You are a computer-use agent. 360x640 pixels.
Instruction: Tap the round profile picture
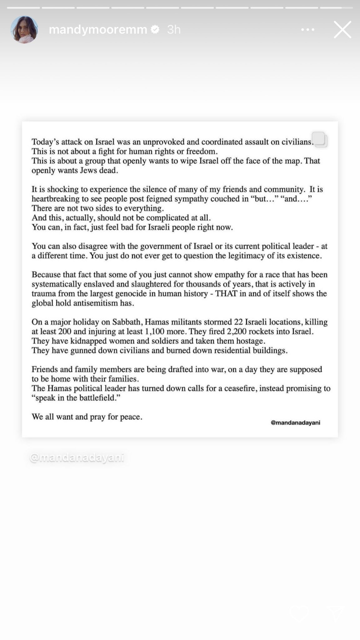pyautogui.click(x=24, y=30)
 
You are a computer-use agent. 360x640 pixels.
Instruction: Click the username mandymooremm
pyautogui.click(x=98, y=30)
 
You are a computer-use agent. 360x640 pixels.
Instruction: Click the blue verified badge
pyautogui.click(x=155, y=30)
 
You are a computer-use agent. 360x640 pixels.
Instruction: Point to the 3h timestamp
pyautogui.click(x=174, y=30)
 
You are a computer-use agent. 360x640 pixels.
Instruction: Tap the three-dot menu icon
pyautogui.click(x=308, y=30)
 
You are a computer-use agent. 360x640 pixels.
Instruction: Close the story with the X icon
pyautogui.click(x=342, y=30)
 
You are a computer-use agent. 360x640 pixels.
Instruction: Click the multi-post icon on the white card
pyautogui.click(x=320, y=139)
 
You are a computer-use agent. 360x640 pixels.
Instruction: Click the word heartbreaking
pyautogui.click(x=51, y=199)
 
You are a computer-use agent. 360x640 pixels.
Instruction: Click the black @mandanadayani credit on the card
pyautogui.click(x=295, y=423)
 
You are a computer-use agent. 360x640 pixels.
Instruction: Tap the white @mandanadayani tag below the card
pyautogui.click(x=77, y=458)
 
